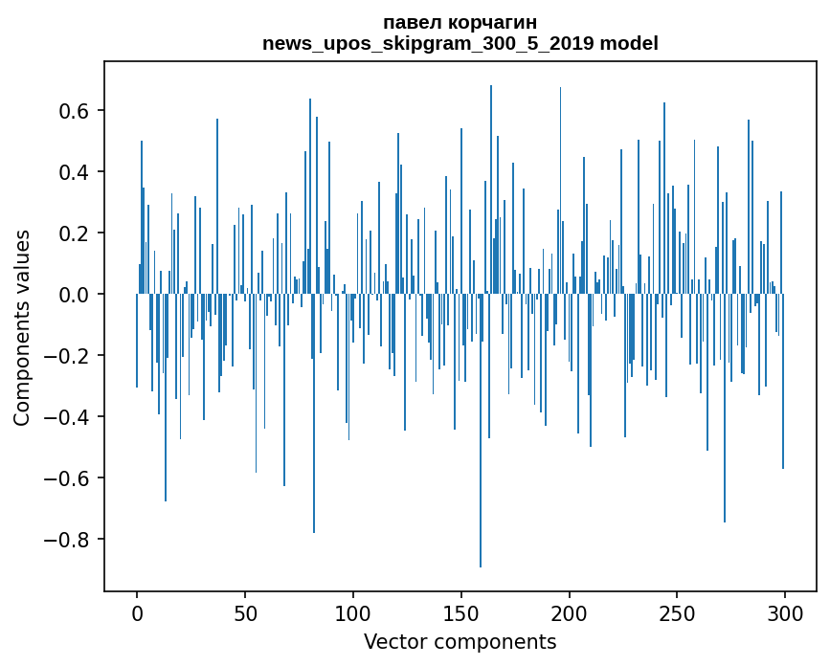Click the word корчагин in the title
(x=492, y=24)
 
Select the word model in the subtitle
(x=629, y=43)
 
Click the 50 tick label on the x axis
(x=245, y=614)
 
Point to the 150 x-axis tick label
(x=461, y=614)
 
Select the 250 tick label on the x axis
(x=677, y=614)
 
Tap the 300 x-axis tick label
(x=785, y=614)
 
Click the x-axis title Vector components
(x=460, y=642)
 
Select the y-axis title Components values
(x=22, y=327)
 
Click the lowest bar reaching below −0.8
(x=481, y=431)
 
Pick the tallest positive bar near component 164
(x=491, y=189)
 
